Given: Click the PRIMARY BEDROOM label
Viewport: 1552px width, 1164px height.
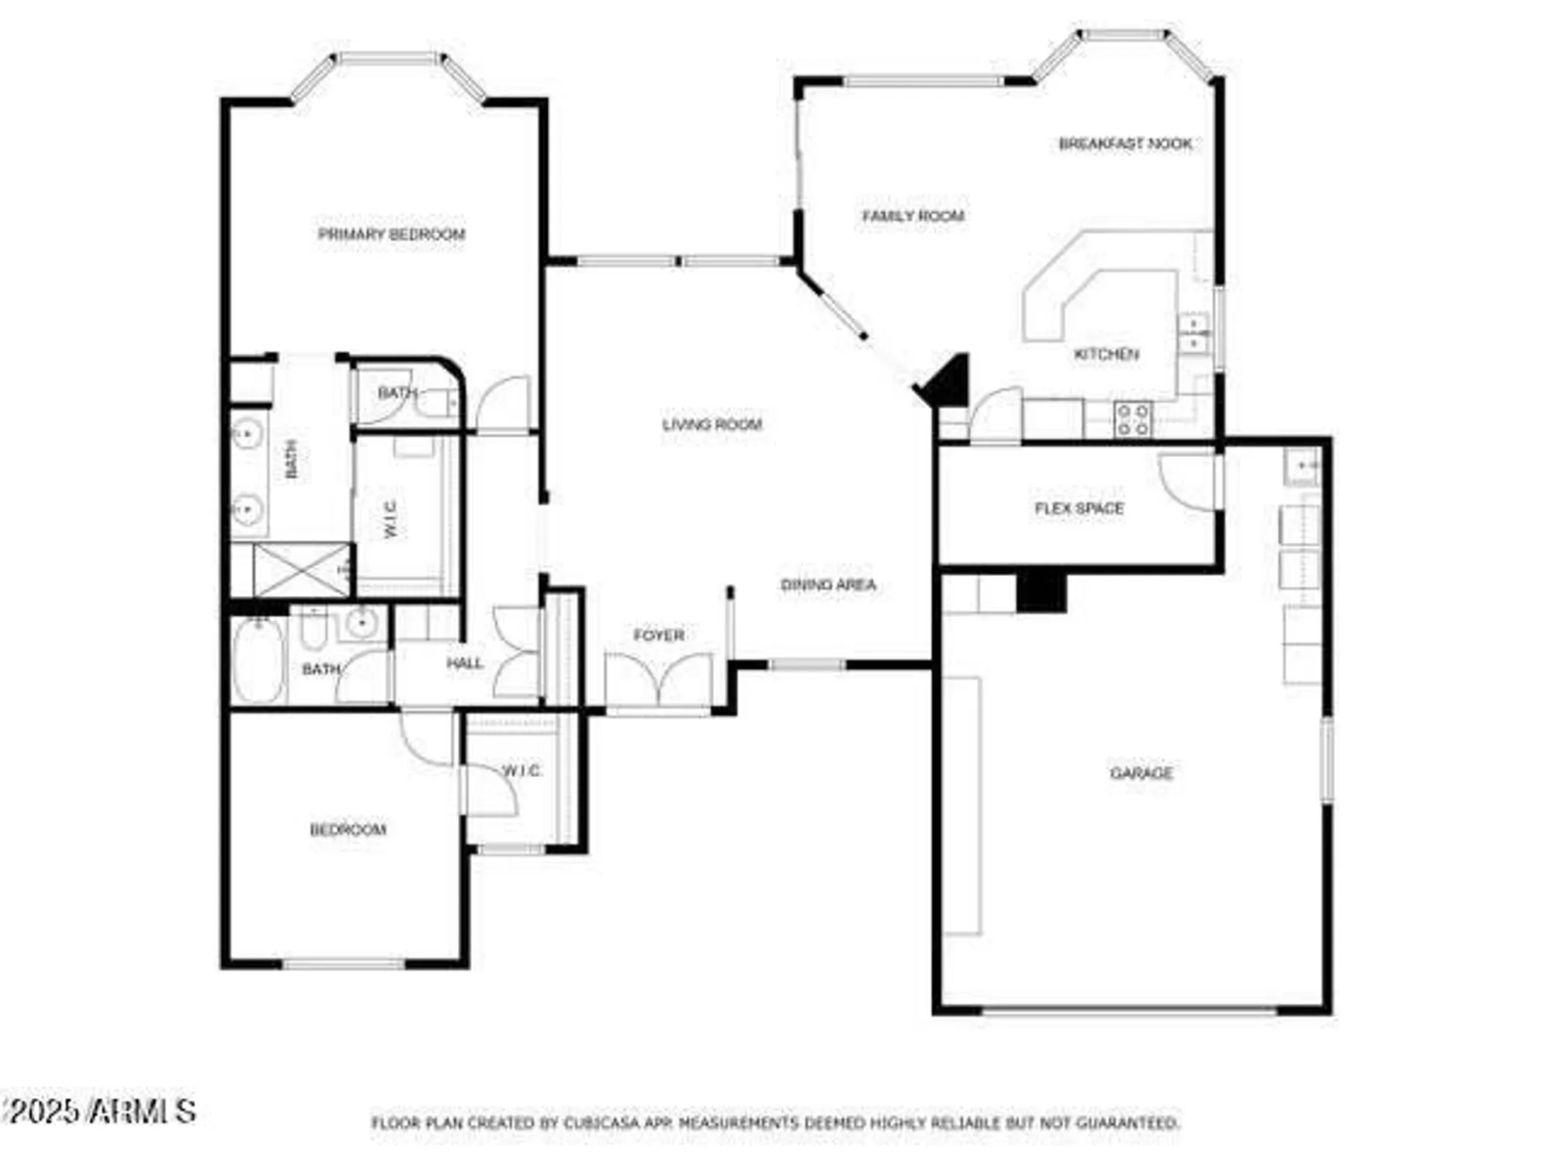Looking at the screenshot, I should click(391, 234).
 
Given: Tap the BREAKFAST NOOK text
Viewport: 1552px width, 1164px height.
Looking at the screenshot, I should click(1125, 144).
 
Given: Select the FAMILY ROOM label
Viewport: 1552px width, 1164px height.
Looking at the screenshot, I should click(913, 216).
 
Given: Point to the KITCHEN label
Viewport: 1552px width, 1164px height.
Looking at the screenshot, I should click(1106, 355).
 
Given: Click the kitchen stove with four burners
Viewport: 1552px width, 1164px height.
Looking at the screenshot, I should click(1132, 420).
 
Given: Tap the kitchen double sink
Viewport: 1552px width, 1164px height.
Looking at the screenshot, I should click(1193, 333).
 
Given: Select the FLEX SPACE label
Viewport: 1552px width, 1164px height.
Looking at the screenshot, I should click(1079, 508).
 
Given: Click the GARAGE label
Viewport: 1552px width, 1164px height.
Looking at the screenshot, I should click(1141, 773).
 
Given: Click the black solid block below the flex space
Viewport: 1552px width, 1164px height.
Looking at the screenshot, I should click(1041, 592).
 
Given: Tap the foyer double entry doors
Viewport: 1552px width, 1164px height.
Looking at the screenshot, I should click(658, 679).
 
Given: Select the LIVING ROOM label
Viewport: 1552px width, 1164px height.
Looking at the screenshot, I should click(712, 424).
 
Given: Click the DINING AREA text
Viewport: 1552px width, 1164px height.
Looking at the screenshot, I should click(828, 585).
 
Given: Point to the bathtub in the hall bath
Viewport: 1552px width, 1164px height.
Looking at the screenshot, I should click(258, 660).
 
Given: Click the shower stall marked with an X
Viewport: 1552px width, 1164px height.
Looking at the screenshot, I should click(301, 570).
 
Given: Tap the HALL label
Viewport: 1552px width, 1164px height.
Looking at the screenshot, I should click(464, 663).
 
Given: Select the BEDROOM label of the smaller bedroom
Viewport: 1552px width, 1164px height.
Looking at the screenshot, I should click(348, 830).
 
